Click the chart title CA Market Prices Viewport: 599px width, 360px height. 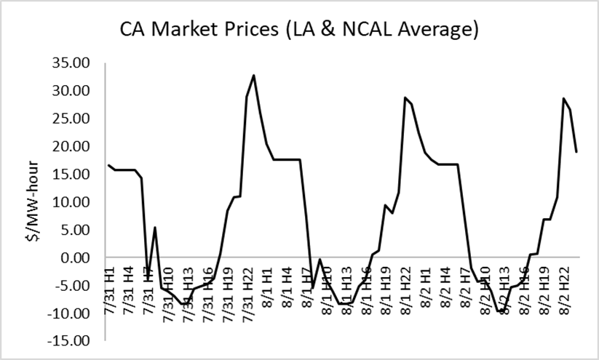pyautogui.click(x=299, y=30)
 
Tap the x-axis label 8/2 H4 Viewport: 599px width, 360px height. pyautogui.click(x=450, y=288)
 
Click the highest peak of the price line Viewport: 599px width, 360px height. pyautogui.click(x=253, y=75)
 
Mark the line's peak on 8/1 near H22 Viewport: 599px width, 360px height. pyautogui.click(x=405, y=97)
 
